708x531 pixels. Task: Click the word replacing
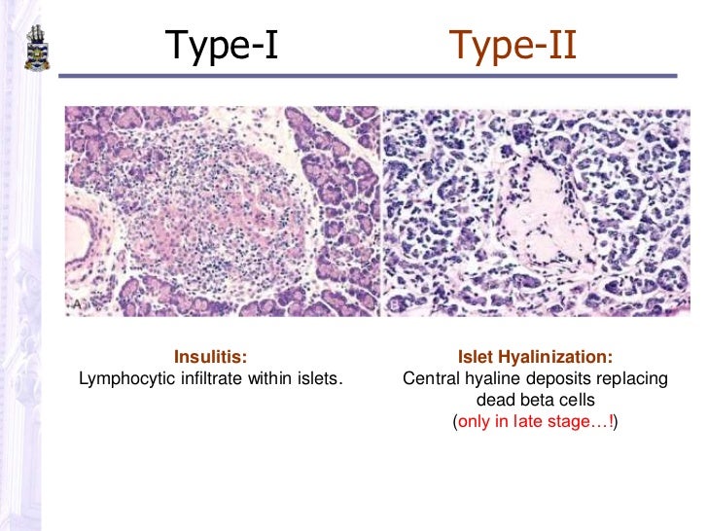pos(629,377)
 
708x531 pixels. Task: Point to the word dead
pos(494,400)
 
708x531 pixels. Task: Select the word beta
pos(534,400)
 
